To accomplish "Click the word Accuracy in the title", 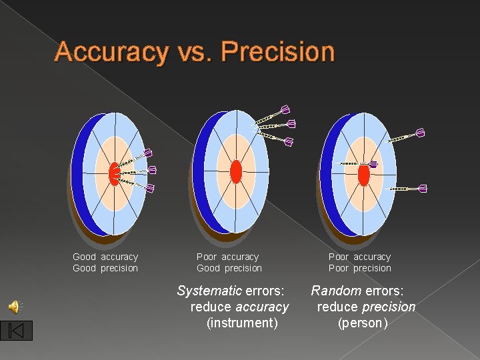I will [x=111, y=51].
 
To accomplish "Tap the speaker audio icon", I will [x=14, y=306].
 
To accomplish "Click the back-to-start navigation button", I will [x=17, y=330].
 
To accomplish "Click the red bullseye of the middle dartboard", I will [x=235, y=171].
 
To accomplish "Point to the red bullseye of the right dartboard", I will [x=363, y=175].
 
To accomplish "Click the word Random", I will [x=336, y=291].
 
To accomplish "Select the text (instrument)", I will [x=242, y=323].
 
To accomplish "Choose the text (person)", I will [x=363, y=323].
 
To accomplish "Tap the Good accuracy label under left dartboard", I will [x=105, y=257].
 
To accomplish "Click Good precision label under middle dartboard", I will [x=229, y=268].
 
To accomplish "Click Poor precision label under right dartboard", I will [x=360, y=268].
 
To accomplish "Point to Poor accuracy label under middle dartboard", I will [x=227, y=257].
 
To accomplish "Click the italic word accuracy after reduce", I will [x=262, y=307].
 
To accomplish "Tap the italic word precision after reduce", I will [x=388, y=307].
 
